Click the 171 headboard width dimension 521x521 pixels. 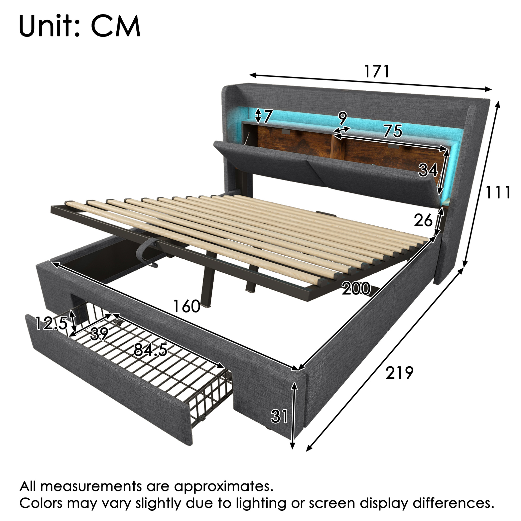[x=377, y=71]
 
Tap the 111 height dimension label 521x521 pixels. [x=498, y=192]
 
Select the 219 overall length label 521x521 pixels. [x=399, y=373]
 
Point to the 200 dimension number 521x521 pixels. [x=356, y=288]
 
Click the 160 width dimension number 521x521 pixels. [x=186, y=306]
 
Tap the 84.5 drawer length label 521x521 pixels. [x=150, y=350]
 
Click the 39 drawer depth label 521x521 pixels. [x=100, y=334]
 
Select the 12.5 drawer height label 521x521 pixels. [x=51, y=323]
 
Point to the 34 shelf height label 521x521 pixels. [x=428, y=170]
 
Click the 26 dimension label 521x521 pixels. [x=423, y=220]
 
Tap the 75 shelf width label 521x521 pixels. [x=393, y=131]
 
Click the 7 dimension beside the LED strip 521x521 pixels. [x=268, y=116]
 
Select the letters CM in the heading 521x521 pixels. [x=116, y=26]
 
